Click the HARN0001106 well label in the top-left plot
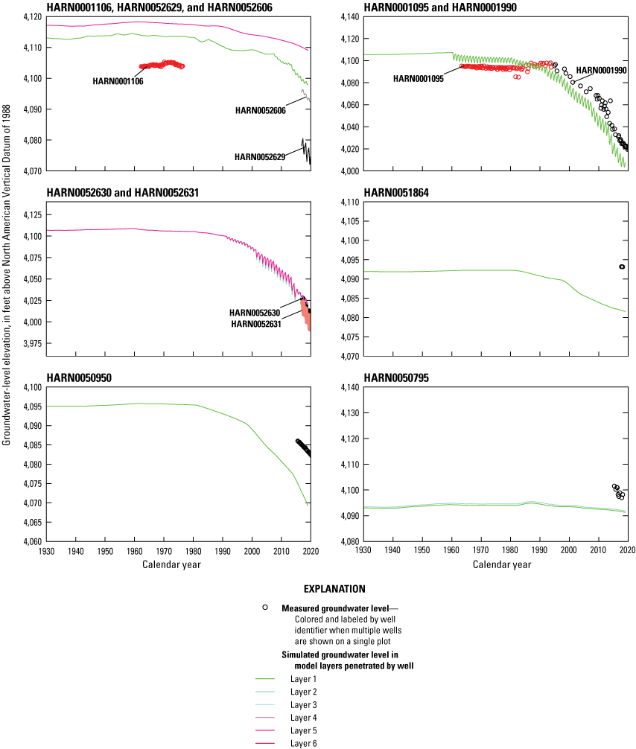click(x=118, y=82)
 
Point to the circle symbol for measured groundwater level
click(x=264, y=608)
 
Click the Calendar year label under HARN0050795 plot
click(x=502, y=564)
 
